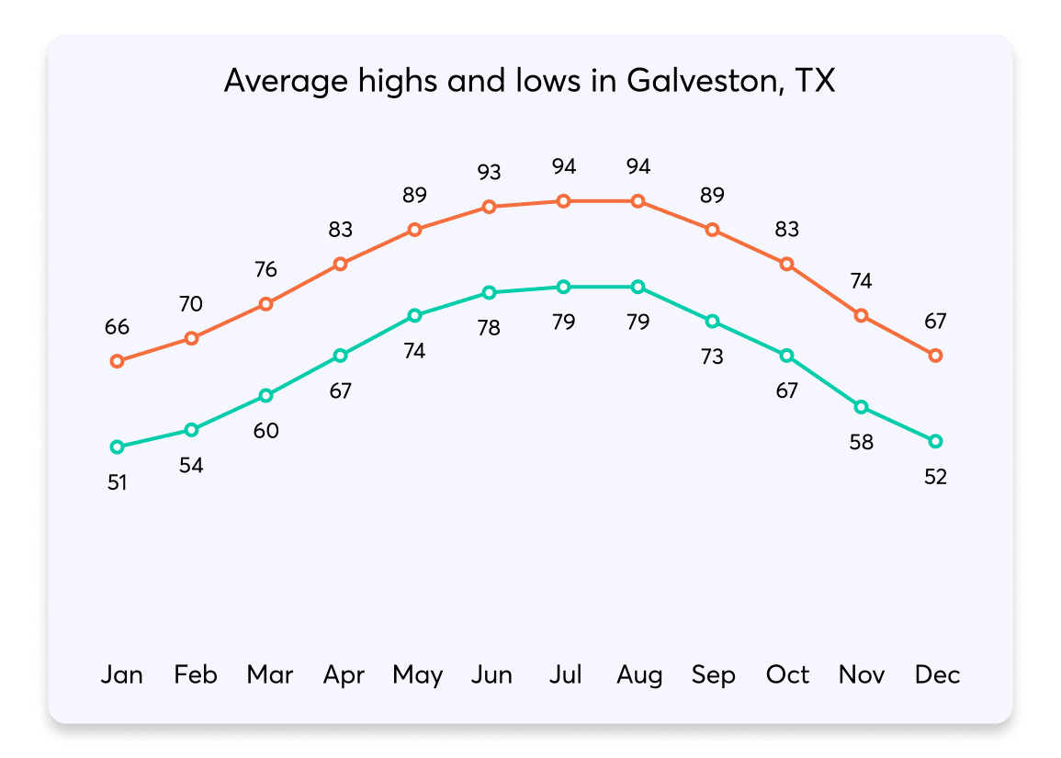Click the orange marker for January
click(117, 361)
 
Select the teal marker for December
click(935, 441)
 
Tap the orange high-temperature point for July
click(563, 200)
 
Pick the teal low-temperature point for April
click(340, 355)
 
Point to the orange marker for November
click(861, 315)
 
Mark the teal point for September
click(712, 321)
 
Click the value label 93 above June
click(489, 172)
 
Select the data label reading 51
click(117, 481)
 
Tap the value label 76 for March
click(265, 269)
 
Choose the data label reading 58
click(861, 442)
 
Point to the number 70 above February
click(191, 304)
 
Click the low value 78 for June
click(489, 327)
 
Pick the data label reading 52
click(935, 477)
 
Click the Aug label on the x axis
click(639, 675)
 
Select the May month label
click(417, 675)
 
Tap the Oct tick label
click(787, 675)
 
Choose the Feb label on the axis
click(196, 675)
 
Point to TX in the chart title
click(813, 81)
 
